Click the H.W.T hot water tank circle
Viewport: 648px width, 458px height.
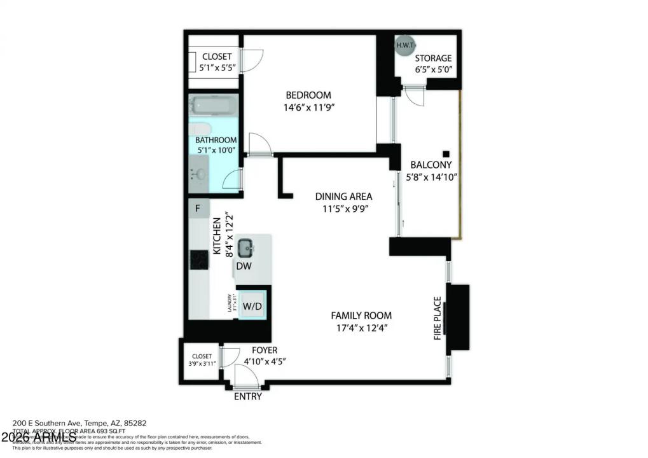(x=404, y=46)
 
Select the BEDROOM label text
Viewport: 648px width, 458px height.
(x=308, y=95)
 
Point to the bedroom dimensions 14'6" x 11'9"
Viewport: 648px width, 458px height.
(x=308, y=108)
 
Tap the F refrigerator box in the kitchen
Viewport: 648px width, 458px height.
(x=198, y=209)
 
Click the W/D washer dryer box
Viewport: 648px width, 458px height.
(x=252, y=306)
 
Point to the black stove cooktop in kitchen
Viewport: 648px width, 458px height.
(x=198, y=259)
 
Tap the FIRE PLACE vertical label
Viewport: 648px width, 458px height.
(x=438, y=318)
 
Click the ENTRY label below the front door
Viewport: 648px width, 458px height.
(x=248, y=396)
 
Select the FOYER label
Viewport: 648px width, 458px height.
(x=265, y=350)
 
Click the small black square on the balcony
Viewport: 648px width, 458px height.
(x=446, y=153)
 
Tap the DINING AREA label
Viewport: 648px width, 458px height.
(x=344, y=197)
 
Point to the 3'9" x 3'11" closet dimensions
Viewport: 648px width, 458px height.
(x=202, y=364)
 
